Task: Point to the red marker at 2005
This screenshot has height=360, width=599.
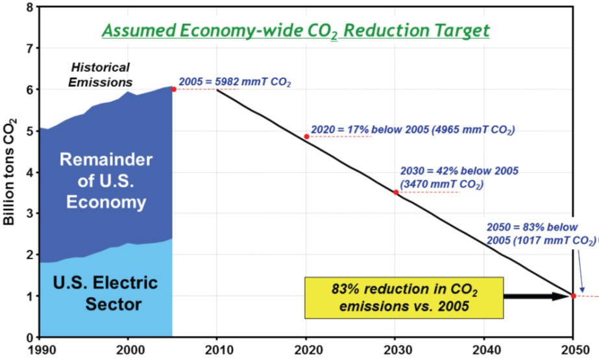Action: tap(173, 89)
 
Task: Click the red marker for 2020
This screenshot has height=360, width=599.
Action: tap(306, 136)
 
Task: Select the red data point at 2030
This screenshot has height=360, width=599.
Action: tap(395, 192)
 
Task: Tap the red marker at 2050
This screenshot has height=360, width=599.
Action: tap(573, 296)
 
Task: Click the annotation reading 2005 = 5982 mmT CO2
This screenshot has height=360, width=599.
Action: tap(235, 82)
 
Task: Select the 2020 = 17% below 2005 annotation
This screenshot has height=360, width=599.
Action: tap(413, 129)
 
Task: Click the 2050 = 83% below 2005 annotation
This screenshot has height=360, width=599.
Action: tap(540, 234)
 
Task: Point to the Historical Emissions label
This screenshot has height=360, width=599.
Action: tap(101, 75)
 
